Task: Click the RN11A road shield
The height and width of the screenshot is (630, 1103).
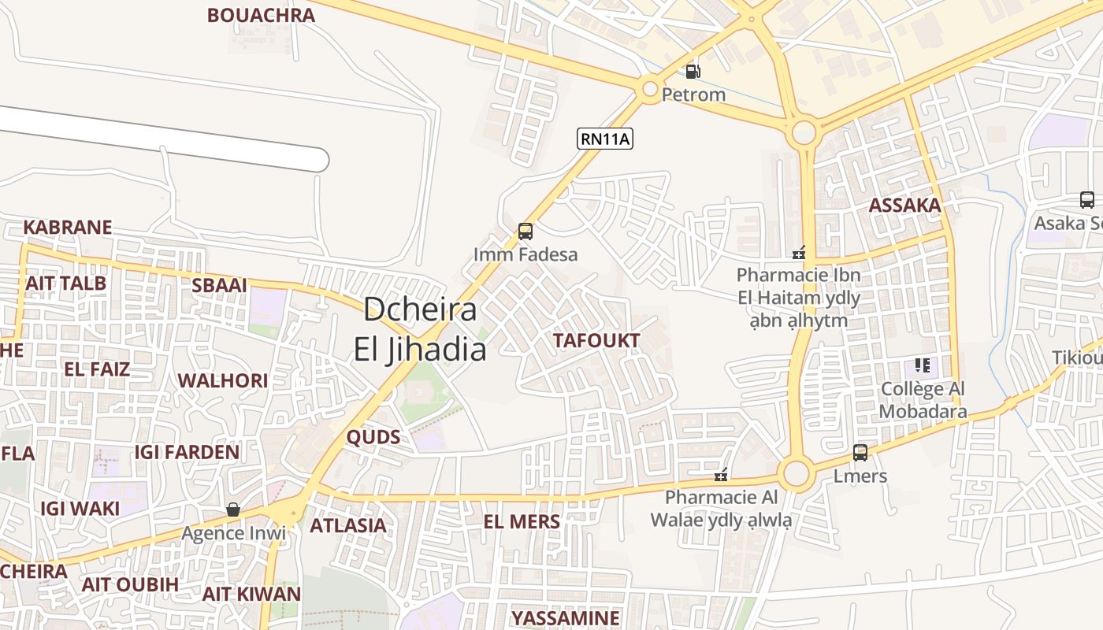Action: (x=605, y=139)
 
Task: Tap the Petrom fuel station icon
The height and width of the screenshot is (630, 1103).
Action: (x=693, y=71)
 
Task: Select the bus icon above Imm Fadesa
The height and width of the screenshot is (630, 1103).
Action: (x=526, y=232)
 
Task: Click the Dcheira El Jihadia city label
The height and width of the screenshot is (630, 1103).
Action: (x=420, y=329)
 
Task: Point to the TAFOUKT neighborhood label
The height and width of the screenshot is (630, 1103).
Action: (x=596, y=340)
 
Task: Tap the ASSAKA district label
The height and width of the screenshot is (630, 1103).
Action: (x=904, y=206)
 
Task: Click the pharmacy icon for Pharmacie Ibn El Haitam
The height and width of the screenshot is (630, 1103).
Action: (x=799, y=253)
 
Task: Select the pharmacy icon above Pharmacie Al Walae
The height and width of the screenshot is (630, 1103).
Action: (x=720, y=474)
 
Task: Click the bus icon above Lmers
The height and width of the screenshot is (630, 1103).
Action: (x=860, y=453)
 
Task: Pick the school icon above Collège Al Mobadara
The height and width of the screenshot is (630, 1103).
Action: (x=923, y=365)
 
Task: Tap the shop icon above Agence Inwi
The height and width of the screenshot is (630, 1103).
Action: (x=233, y=510)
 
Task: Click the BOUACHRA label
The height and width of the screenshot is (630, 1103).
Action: (x=261, y=15)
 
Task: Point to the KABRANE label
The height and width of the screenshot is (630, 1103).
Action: (x=68, y=228)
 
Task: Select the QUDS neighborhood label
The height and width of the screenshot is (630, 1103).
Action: (x=373, y=438)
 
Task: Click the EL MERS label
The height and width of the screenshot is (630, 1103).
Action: (x=522, y=521)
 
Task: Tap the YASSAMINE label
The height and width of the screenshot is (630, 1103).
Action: (x=566, y=617)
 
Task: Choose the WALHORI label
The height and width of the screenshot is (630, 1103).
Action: (x=223, y=381)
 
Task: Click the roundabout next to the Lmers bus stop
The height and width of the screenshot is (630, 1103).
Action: (x=797, y=474)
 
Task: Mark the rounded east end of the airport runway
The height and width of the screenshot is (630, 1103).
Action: (x=318, y=160)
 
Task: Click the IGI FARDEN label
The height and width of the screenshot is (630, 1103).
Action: (x=187, y=452)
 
